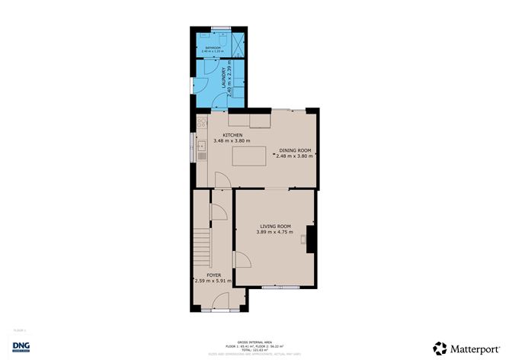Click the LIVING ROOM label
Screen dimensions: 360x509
click(x=275, y=227)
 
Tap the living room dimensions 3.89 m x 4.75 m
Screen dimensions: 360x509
click(x=275, y=233)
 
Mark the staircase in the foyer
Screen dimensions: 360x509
click(x=202, y=244)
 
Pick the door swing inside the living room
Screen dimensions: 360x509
click(x=244, y=260)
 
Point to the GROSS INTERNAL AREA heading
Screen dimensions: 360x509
click(x=254, y=342)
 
